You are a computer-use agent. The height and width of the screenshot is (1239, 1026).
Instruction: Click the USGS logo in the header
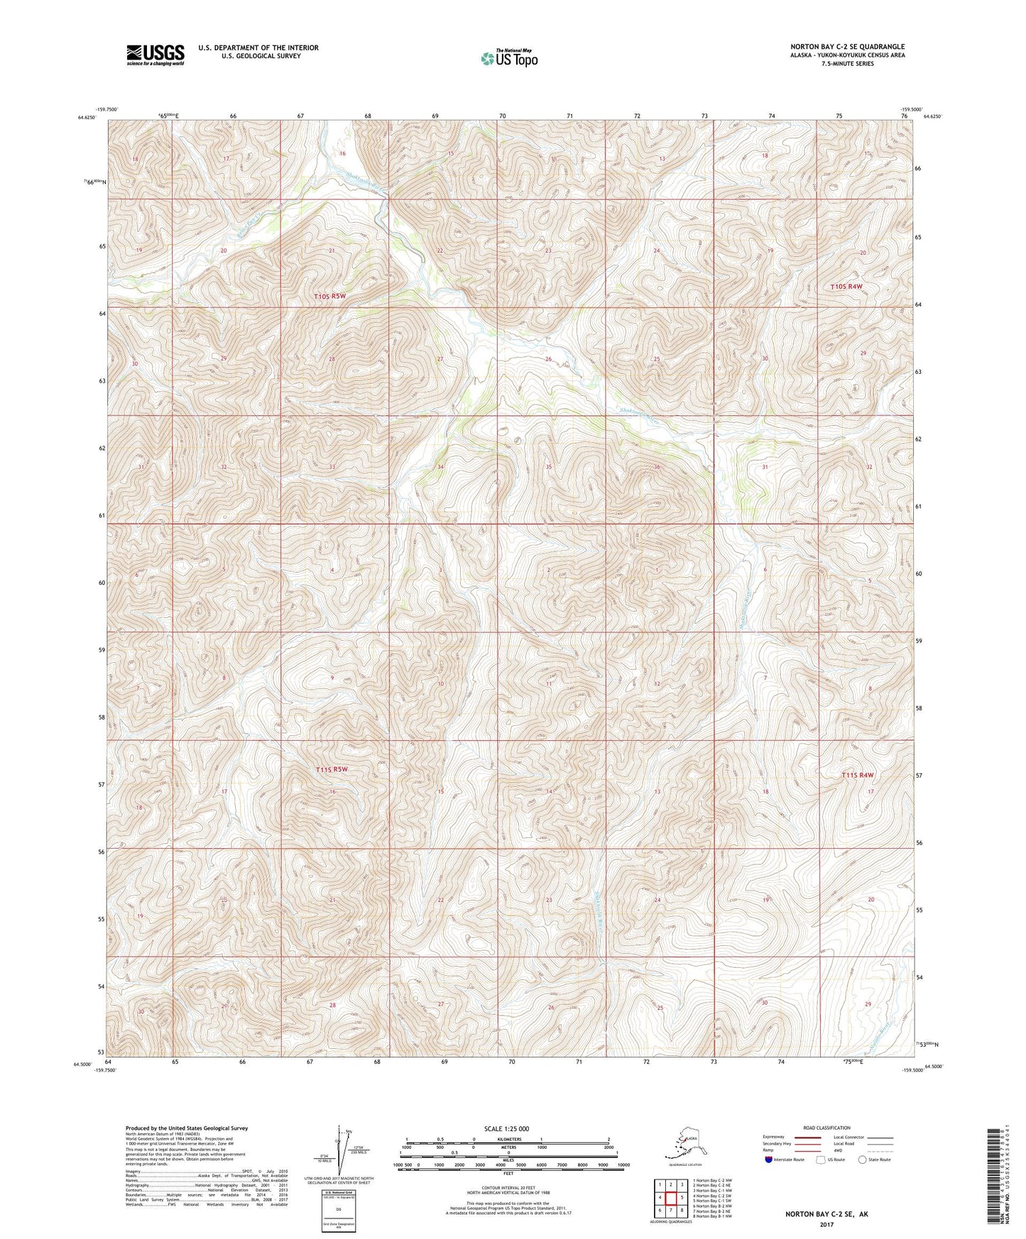pos(155,54)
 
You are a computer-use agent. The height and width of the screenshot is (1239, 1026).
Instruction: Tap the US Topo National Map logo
pos(508,57)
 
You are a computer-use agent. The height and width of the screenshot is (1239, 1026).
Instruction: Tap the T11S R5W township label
pos(332,769)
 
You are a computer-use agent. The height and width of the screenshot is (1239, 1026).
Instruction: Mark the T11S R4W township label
pos(857,776)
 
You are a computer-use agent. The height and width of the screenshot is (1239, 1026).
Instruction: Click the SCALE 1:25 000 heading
pos(507,1128)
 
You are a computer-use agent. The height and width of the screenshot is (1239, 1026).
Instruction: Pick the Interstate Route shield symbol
pos(770,1160)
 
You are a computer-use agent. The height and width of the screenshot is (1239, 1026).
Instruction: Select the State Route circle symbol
pos(863,1160)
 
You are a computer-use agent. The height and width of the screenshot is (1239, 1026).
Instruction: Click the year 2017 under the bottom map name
pos(826,1224)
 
